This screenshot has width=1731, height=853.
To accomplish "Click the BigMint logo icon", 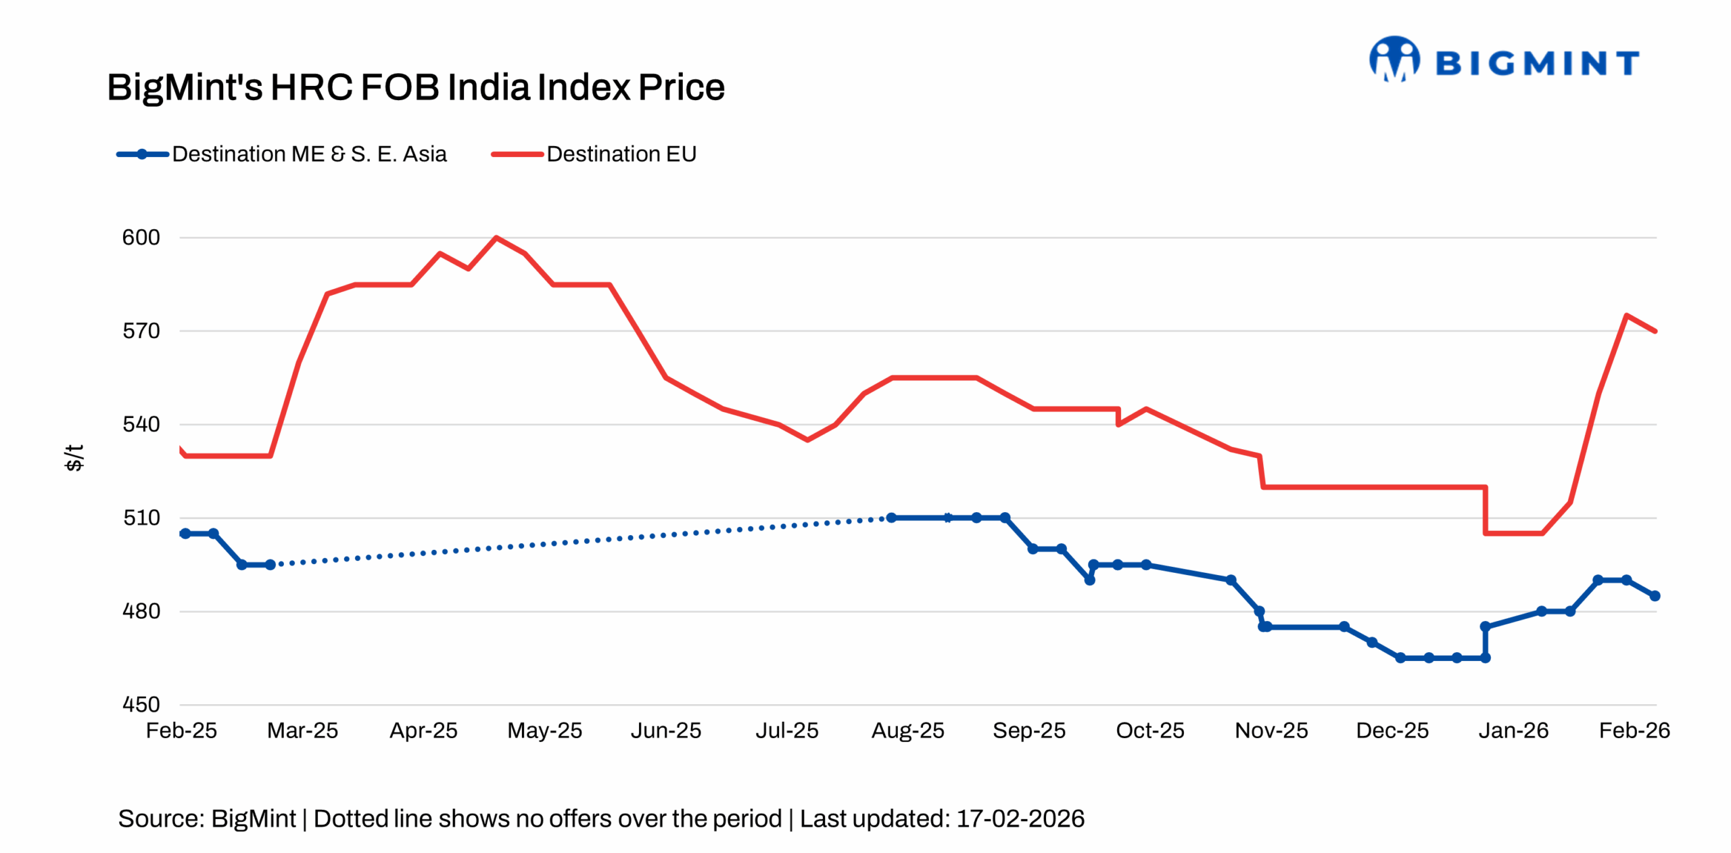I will [x=1394, y=60].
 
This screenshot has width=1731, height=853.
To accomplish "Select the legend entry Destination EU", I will [x=621, y=154].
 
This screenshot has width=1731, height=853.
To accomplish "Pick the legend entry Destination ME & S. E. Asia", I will [x=309, y=154].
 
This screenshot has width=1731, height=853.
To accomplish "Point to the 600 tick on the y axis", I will [x=141, y=237].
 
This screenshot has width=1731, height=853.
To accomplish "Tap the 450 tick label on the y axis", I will [x=141, y=705].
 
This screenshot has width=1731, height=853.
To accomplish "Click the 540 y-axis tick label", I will [x=141, y=424].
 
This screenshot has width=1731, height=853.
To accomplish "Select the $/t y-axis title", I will [x=74, y=458].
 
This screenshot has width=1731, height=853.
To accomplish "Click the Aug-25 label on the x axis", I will [x=907, y=731].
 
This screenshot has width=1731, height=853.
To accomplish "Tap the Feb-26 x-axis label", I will [x=1634, y=731].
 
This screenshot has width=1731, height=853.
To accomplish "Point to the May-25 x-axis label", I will [x=544, y=731].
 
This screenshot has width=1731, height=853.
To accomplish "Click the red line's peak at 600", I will [x=496, y=237].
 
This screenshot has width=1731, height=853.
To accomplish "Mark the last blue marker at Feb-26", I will [x=1655, y=596].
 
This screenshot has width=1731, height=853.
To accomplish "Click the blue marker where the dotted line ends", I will [x=891, y=517].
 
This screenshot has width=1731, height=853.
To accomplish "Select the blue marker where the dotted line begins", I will [x=270, y=564].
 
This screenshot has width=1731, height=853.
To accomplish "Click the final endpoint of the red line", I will [x=1655, y=331].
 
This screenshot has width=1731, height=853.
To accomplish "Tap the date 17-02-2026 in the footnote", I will [x=1020, y=819].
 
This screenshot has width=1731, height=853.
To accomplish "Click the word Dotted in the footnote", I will [x=351, y=819].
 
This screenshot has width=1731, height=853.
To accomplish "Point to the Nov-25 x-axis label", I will [x=1271, y=731].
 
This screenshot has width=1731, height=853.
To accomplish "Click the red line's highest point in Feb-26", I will [x=1626, y=315].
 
